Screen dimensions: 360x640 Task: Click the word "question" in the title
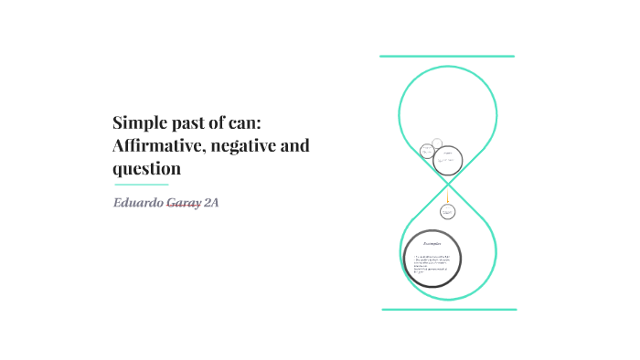146,169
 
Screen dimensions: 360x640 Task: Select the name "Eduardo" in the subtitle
136,202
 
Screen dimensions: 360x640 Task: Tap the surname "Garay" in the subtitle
183,202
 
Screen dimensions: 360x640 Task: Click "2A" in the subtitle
211,202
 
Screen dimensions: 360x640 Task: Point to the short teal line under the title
141,185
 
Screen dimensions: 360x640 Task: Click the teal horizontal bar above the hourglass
447,57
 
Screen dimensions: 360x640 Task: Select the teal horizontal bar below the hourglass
449,310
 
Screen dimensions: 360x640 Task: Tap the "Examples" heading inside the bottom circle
432,244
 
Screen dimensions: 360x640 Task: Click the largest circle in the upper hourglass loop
448,161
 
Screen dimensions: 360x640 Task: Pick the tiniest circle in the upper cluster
437,143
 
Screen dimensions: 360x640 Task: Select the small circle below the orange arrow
448,211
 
